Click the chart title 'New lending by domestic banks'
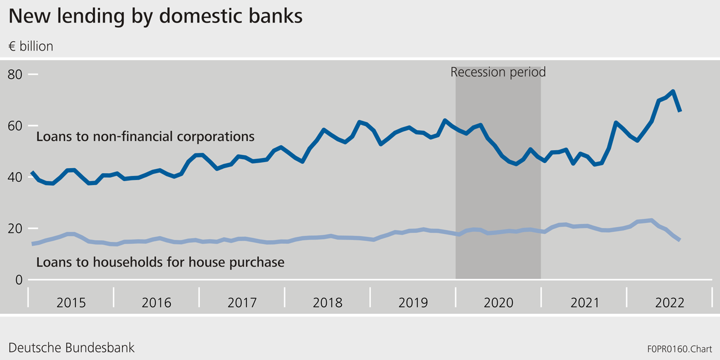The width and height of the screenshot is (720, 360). click(155, 16)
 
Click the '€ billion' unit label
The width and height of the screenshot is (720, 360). click(31, 47)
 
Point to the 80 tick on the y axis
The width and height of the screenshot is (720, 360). click(16, 74)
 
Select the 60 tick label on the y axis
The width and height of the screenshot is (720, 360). click(16, 125)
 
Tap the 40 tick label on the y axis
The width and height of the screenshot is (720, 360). click(16, 177)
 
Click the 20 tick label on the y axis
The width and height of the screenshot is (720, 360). click(16, 228)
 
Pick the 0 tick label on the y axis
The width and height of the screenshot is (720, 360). click(19, 280)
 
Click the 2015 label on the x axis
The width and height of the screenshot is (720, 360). click(71, 303)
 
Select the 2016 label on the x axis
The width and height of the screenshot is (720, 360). click(156, 303)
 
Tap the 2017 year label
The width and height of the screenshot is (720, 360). click(242, 303)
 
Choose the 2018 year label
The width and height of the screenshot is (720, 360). click(327, 303)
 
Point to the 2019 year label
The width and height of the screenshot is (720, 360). click(413, 303)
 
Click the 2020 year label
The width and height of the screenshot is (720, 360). click(498, 303)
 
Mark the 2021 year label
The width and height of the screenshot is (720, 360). click(584, 303)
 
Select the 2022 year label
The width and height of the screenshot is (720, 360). click(669, 303)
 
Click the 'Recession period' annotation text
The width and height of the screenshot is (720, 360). click(498, 72)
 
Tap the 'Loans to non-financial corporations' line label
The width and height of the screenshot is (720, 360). click(145, 137)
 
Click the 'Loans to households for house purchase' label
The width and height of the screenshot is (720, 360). click(160, 262)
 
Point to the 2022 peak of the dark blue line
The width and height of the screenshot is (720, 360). click(672, 92)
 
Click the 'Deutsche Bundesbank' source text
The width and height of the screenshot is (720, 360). click(71, 348)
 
